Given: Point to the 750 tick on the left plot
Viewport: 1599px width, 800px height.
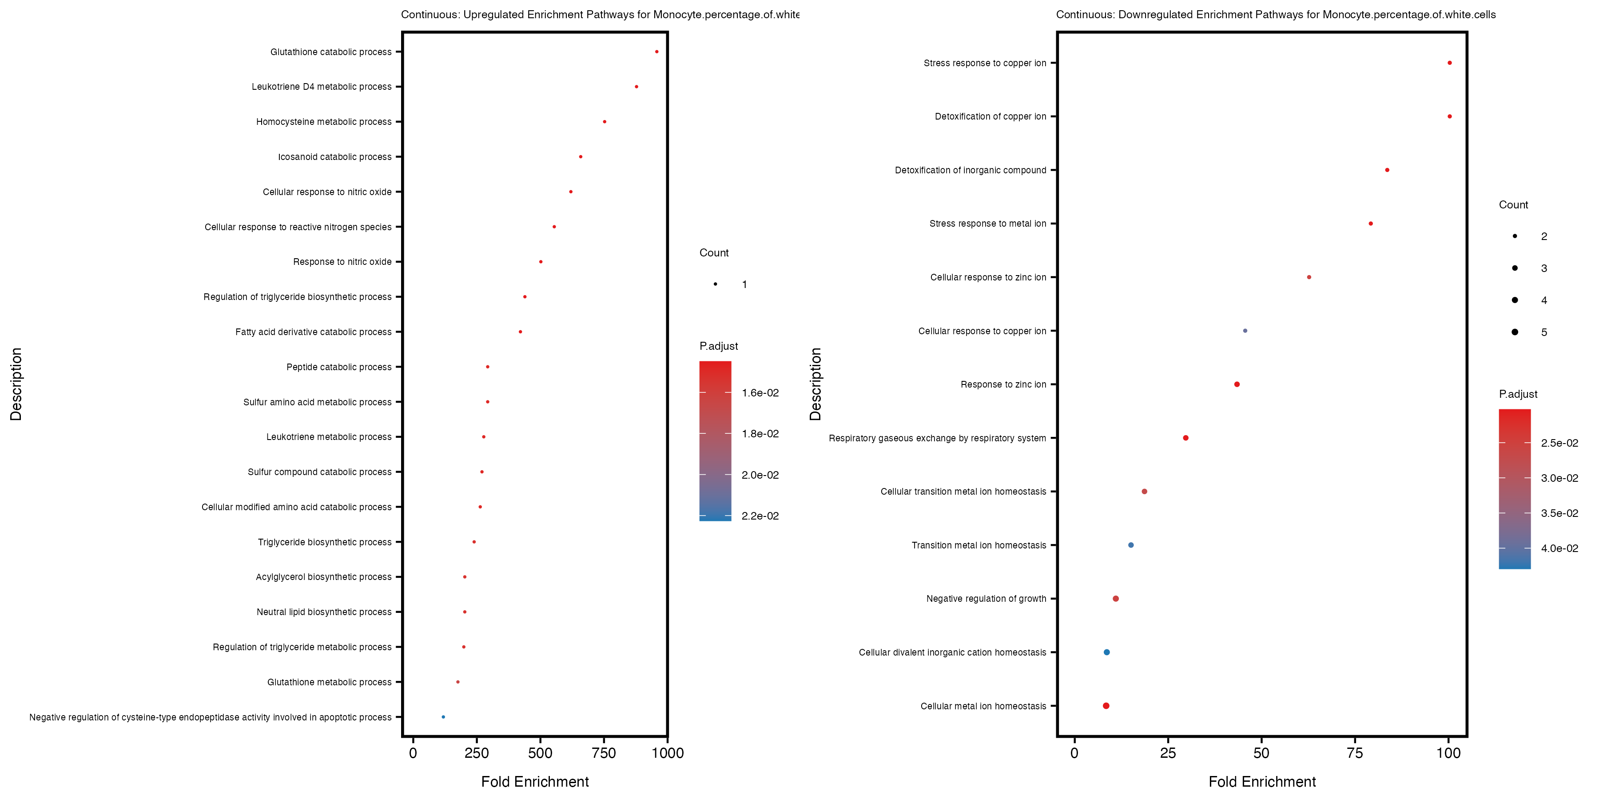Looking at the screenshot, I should coord(603,753).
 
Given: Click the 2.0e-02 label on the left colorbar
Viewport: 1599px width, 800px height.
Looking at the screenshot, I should coord(760,475).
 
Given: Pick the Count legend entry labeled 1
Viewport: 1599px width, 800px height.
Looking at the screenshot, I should coord(716,284).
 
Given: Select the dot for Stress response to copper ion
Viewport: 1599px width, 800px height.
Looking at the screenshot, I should coord(1449,63).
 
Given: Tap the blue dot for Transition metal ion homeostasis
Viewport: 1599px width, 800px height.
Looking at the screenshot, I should coord(1130,545).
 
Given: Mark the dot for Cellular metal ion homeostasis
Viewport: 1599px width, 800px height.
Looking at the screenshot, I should coord(1106,706).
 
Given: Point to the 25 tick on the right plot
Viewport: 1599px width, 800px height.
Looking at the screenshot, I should coord(1168,753).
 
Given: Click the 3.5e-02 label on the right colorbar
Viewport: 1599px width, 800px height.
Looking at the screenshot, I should coord(1559,513).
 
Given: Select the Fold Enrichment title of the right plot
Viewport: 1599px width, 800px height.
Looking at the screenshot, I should coord(1262,781).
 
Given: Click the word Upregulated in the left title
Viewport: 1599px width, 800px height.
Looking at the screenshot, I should coord(493,14).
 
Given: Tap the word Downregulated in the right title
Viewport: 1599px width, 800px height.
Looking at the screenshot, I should coord(1156,14).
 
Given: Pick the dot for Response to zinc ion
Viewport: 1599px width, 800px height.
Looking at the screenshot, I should coord(1237,384).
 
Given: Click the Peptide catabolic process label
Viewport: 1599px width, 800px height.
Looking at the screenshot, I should coord(338,367).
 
